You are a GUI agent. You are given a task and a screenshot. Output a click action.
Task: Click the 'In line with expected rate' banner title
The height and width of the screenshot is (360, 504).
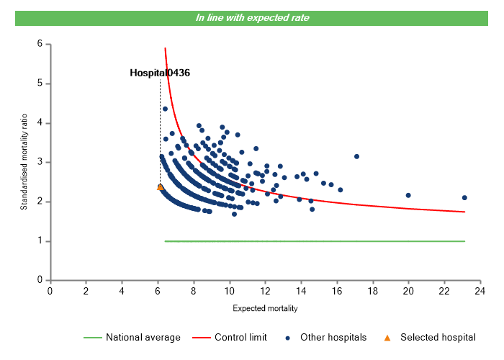[x=252, y=17]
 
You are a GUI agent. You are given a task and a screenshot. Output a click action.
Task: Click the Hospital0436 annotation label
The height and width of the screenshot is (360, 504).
[x=160, y=73]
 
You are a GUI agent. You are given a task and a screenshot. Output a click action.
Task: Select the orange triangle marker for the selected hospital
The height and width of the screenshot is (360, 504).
[x=161, y=187]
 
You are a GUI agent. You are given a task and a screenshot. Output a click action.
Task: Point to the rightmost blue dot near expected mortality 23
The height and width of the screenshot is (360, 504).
[x=464, y=197]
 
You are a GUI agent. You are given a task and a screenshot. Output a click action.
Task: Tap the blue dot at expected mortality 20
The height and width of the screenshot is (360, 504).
[x=408, y=195]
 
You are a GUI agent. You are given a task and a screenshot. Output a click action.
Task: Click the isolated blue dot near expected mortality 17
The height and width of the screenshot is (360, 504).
[x=356, y=156]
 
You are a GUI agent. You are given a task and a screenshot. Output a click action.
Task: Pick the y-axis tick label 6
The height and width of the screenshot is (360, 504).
[x=40, y=44]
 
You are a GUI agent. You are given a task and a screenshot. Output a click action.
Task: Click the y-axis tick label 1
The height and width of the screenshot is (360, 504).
[x=40, y=241]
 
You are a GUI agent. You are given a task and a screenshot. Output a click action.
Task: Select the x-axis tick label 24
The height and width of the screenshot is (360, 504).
[x=480, y=291]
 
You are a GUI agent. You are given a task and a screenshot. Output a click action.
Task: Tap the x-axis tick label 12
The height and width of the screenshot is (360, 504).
[x=265, y=291]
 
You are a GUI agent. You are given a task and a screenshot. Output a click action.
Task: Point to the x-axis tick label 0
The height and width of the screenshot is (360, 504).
[x=50, y=291]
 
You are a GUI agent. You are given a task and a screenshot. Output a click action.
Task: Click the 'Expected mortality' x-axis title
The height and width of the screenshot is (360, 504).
[x=265, y=308]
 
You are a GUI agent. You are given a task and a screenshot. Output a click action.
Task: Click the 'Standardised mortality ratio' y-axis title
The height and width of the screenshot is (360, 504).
[x=24, y=162]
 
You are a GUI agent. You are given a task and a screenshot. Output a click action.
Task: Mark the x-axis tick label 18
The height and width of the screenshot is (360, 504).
[x=372, y=291]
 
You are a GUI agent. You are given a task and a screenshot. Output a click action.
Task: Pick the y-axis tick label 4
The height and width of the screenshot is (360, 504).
[x=40, y=123]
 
